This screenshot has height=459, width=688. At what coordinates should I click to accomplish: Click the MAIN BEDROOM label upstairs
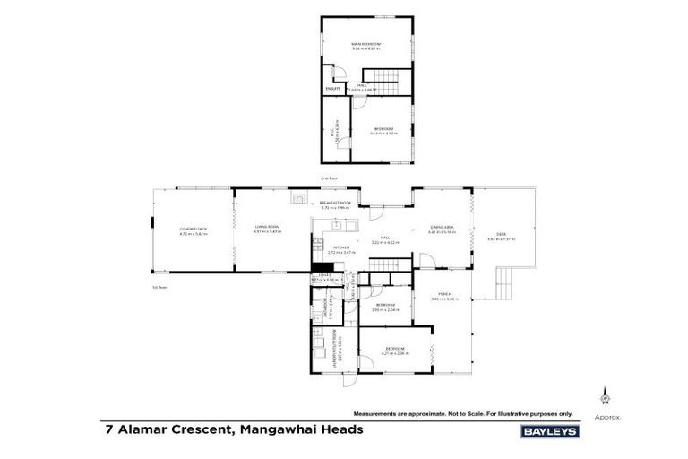[x=366, y=44]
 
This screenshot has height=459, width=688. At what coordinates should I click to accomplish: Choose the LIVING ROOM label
[x=268, y=227]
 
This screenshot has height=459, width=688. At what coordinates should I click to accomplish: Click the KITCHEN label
[x=341, y=247]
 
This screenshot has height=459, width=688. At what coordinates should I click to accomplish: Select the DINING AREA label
[x=443, y=228]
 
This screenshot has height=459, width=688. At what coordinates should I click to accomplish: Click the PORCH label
[x=444, y=294]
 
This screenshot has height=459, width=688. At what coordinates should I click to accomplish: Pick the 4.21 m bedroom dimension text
[x=396, y=352]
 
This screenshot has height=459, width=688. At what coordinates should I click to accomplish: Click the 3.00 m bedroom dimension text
[x=385, y=309]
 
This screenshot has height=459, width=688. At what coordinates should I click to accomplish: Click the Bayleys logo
[x=550, y=431]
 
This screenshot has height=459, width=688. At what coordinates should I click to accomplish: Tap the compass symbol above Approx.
[x=606, y=397]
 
